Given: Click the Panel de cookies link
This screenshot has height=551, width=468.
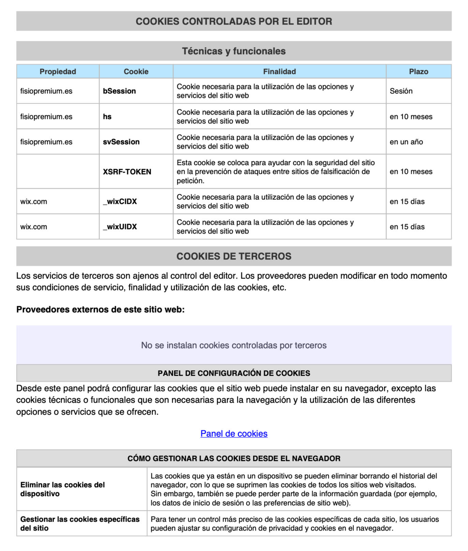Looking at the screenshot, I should point(234,433).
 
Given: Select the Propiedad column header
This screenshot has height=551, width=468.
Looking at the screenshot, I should point(58,72).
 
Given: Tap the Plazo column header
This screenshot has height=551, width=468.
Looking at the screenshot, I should point(418,72).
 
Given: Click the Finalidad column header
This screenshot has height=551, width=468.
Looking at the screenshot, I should point(279,72).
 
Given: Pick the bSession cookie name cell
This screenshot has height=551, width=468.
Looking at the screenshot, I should point(119,91).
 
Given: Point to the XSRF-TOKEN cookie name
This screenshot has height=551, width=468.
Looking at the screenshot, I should point(127,172).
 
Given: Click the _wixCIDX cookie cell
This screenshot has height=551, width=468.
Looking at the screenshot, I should point(120,202).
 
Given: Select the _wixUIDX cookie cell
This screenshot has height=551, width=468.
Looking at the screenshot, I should point(120,227).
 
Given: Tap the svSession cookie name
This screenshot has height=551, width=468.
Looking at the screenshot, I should point(121,142).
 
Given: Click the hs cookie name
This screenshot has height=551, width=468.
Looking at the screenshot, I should point(107,117).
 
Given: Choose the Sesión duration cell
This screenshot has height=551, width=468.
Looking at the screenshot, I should point(401,91).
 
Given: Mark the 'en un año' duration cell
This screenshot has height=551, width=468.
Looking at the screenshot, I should point(406,142).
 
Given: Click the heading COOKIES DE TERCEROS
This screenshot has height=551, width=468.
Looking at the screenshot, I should point(234,256).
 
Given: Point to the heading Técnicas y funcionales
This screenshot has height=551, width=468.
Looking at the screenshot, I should point(234,51).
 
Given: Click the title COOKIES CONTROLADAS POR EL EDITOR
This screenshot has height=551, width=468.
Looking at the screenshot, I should point(234,21).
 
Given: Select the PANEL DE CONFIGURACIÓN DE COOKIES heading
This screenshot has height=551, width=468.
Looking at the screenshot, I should point(234,373).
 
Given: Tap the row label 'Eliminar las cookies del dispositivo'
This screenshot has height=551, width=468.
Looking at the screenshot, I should point(62,489).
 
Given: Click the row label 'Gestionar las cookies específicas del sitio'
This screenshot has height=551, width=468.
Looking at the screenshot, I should point(80,523).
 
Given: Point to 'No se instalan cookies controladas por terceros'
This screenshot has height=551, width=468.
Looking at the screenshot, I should point(234,345).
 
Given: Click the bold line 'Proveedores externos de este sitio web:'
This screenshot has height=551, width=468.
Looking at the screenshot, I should point(100,310).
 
